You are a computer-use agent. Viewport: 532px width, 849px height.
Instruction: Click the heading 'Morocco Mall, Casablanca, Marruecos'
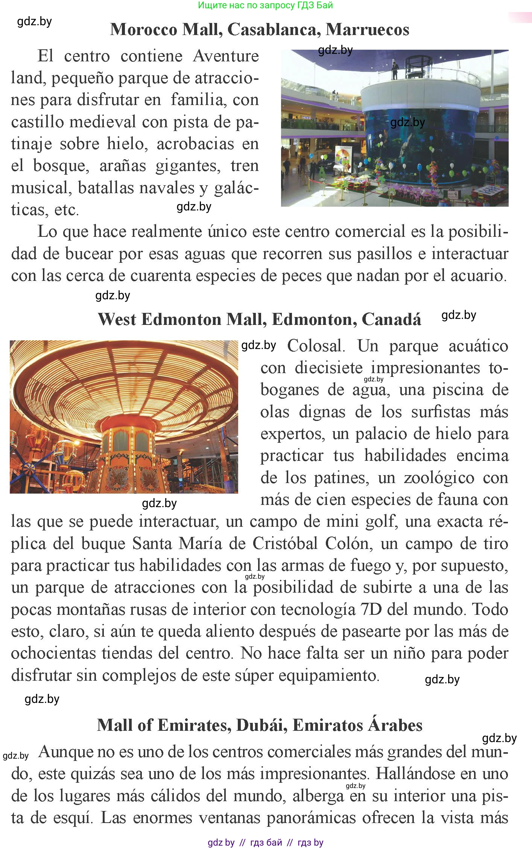click(260, 29)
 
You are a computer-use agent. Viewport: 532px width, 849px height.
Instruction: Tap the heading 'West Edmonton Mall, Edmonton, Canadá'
click(260, 319)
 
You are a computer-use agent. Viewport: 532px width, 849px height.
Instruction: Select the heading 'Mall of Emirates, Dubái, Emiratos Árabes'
click(260, 725)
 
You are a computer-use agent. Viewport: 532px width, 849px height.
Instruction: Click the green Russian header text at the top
click(265, 5)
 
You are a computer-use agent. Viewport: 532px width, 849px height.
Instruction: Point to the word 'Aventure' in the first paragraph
click(226, 56)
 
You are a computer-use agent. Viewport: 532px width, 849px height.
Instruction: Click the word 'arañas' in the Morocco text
click(123, 166)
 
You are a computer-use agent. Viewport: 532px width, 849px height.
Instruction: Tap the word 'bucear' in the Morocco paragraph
click(89, 254)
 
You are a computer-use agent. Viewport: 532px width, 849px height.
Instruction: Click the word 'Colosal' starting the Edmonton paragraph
click(316, 346)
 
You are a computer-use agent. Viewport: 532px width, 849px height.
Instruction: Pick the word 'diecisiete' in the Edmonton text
click(329, 368)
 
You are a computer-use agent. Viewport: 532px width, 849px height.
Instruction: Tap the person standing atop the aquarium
click(395, 70)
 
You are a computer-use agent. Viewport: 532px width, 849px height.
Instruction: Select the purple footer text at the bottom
click(265, 843)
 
